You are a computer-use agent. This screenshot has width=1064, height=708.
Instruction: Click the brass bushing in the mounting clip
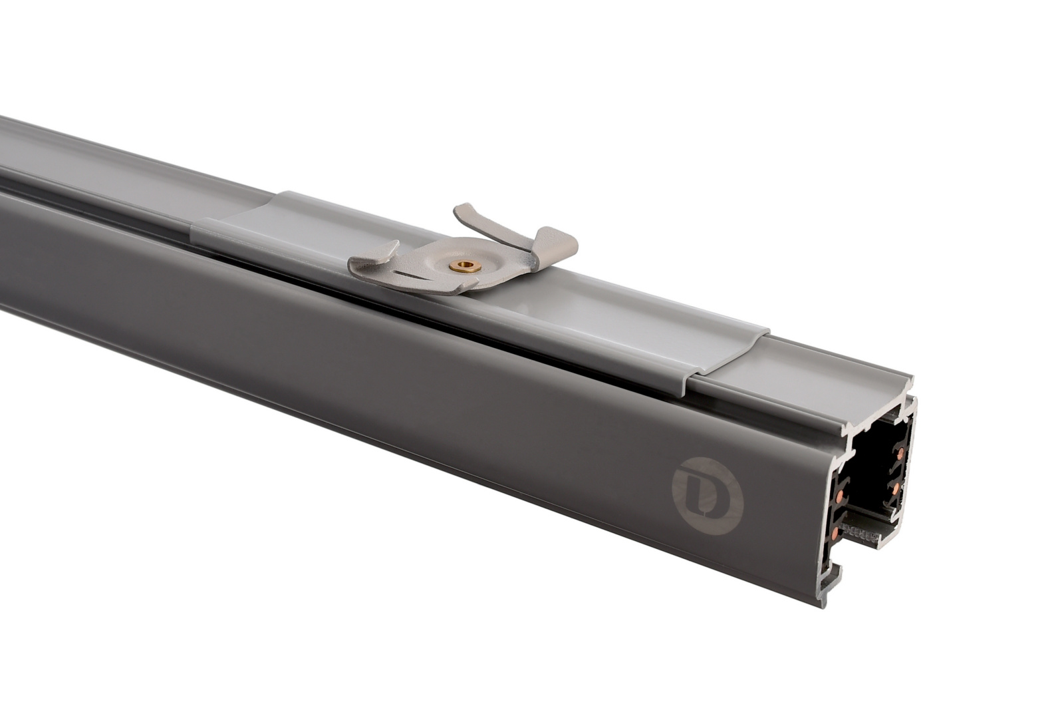tap(465, 267)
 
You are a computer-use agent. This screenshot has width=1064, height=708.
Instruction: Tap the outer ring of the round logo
tap(674, 494)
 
